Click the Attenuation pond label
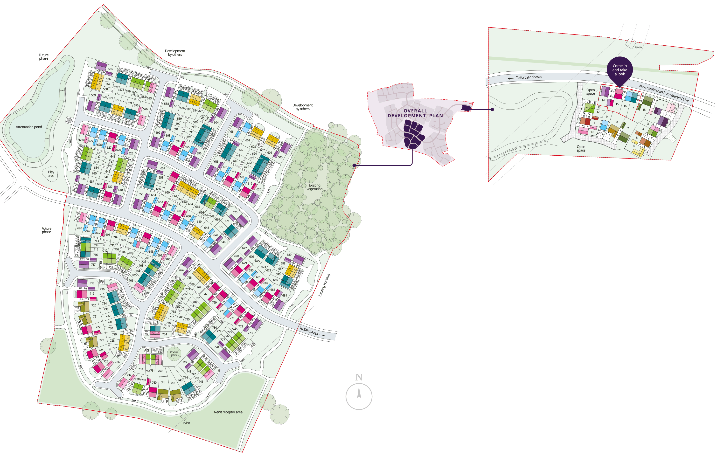pyautogui.click(x=29, y=127)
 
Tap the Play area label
pyautogui.click(x=51, y=174)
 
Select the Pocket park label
pyautogui.click(x=174, y=354)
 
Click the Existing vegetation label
pyautogui.click(x=314, y=187)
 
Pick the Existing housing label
pyautogui.click(x=324, y=285)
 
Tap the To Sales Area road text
pyautogui.click(x=308, y=331)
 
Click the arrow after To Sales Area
pyautogui.click(x=322, y=335)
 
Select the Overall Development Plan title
pyautogui.click(x=415, y=113)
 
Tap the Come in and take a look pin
pyautogui.click(x=620, y=70)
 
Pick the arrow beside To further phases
pyautogui.click(x=510, y=78)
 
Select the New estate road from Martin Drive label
pyautogui.click(x=664, y=93)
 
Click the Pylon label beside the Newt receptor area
pyautogui.click(x=186, y=423)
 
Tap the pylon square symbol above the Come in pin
pyautogui.click(x=631, y=43)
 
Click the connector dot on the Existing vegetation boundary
pyautogui.click(x=355, y=165)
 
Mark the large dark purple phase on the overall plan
pyautogui.click(x=413, y=134)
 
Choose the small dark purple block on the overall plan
pyautogui.click(x=466, y=108)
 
